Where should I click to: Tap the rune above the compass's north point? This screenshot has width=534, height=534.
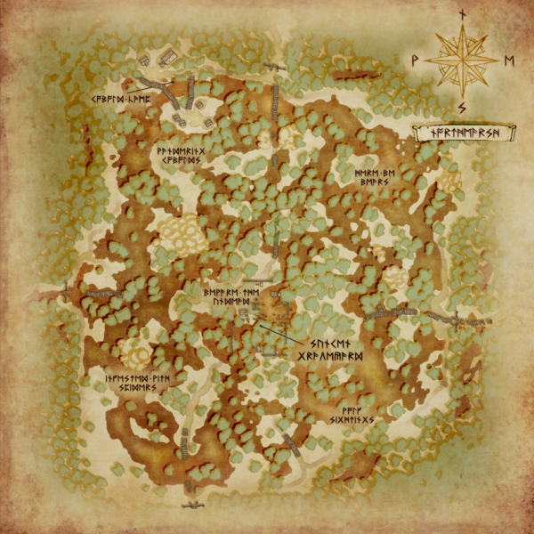point(462,13)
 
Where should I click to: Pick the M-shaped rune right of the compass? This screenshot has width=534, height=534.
point(509,61)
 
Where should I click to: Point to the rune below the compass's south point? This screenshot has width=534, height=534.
point(462,109)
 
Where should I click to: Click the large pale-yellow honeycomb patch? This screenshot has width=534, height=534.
point(183,231)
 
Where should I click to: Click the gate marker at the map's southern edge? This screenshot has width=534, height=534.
point(190,504)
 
